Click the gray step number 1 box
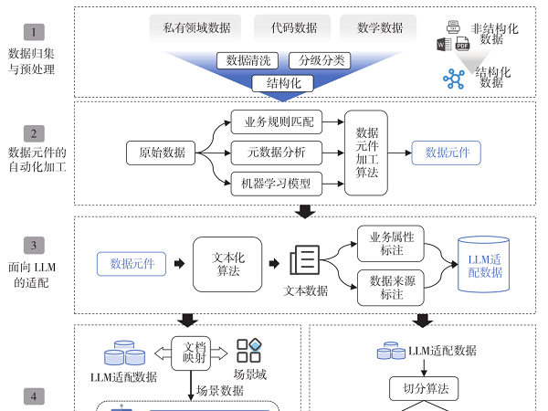(34, 32)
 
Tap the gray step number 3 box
(34, 245)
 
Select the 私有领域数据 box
(195, 27)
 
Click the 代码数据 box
(293, 27)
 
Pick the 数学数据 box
(378, 27)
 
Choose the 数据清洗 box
(246, 60)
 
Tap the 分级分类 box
(321, 60)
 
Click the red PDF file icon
(463, 44)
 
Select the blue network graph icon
(454, 79)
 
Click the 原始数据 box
(162, 153)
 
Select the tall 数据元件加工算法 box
(366, 153)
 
